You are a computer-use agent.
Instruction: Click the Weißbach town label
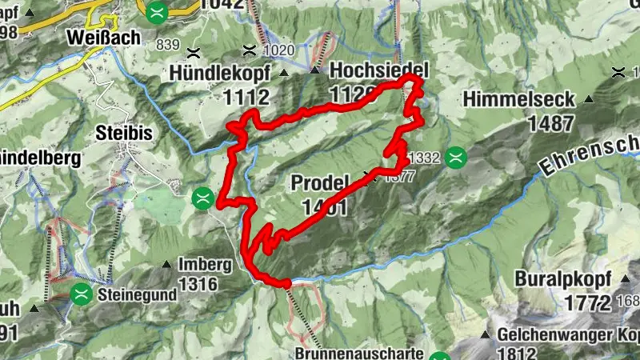coord(104,37)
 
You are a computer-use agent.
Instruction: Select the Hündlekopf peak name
coord(219,73)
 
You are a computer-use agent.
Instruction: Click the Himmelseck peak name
coord(518,99)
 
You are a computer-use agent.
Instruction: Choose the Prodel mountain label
coord(322,182)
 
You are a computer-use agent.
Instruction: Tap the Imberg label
coord(205,264)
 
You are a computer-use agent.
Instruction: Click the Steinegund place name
coord(137,294)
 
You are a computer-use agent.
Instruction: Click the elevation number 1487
coord(550,123)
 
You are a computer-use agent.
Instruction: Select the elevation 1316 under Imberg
coord(204,283)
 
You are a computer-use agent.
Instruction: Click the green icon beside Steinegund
coord(80,294)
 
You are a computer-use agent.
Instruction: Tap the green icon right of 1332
coord(457,157)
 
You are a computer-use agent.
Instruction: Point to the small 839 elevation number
coord(170,44)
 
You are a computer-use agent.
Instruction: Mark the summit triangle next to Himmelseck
coord(589,99)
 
